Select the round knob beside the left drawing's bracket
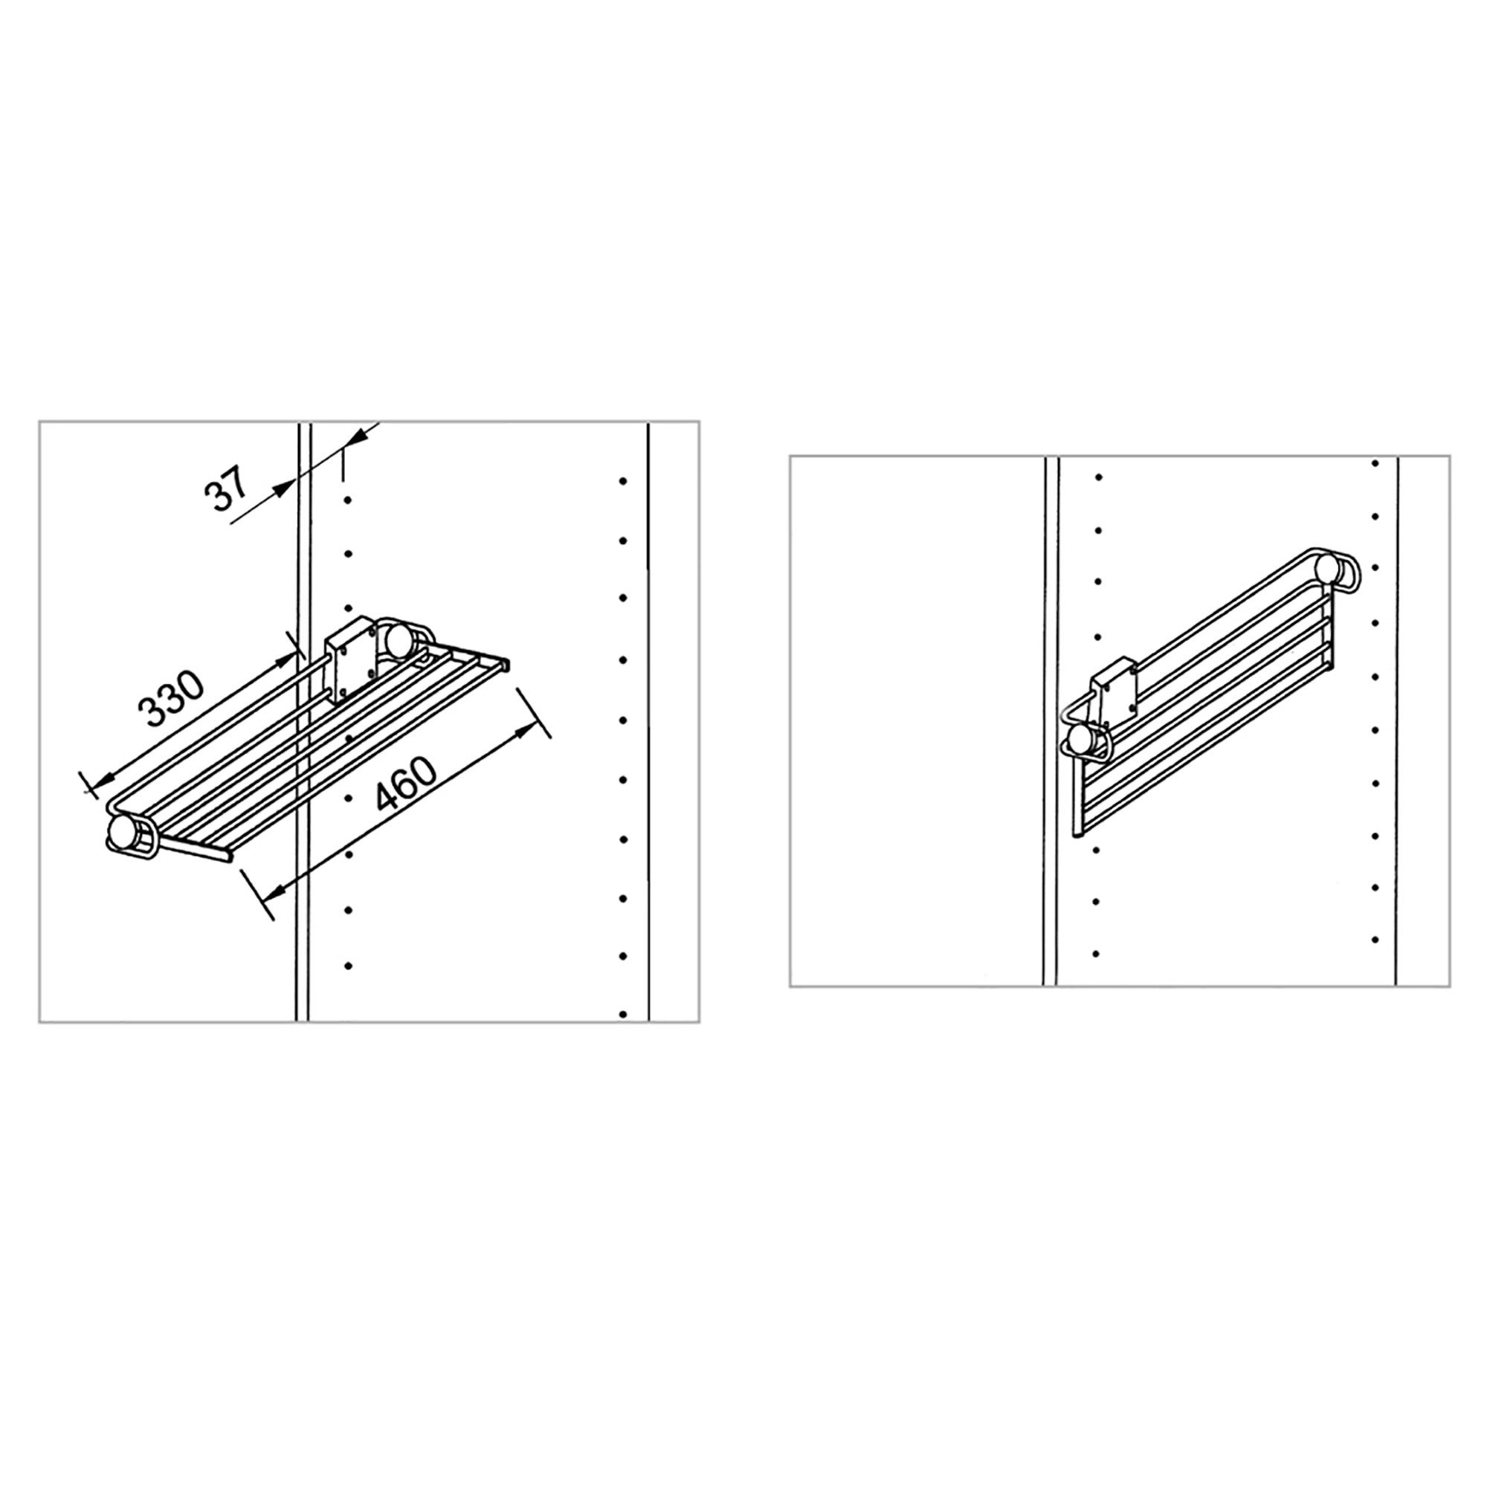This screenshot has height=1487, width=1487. pyautogui.click(x=399, y=639)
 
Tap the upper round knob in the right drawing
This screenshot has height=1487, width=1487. pyautogui.click(x=1327, y=567)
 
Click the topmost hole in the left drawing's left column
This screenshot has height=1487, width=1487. pyautogui.click(x=348, y=500)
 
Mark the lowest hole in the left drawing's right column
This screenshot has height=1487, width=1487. pyautogui.click(x=622, y=1014)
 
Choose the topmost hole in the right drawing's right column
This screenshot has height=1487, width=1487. pyautogui.click(x=1375, y=463)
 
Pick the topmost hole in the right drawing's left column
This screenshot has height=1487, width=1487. pyautogui.click(x=1098, y=477)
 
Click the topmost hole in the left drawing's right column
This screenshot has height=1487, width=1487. pyautogui.click(x=622, y=481)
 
